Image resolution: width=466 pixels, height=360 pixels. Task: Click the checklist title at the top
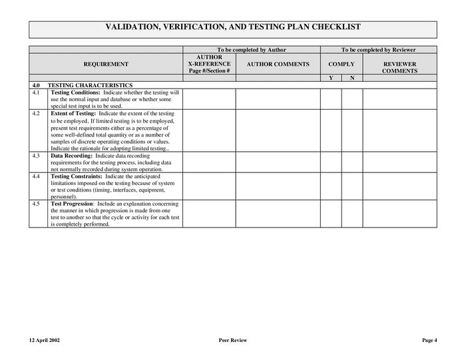coord(233,27)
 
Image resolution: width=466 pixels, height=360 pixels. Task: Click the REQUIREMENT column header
coord(106,64)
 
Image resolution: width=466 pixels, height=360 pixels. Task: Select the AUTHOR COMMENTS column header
coord(278,64)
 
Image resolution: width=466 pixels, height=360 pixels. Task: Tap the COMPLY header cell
coord(341,64)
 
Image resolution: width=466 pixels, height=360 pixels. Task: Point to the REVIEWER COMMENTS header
coord(399,67)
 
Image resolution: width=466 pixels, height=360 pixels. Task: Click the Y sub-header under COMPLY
coord(331,78)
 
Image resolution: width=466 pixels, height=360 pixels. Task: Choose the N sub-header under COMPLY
coord(351,78)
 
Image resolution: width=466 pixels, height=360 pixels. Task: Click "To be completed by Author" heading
coord(252,50)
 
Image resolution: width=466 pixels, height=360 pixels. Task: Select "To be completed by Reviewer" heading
coord(378,50)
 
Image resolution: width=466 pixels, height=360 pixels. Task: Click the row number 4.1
coord(36,92)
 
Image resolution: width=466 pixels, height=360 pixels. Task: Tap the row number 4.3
coord(36,156)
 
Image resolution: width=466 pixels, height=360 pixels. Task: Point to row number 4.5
coord(36,204)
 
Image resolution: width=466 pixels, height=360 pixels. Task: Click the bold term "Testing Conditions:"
coord(75,92)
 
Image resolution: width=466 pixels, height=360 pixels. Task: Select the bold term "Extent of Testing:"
coord(73,114)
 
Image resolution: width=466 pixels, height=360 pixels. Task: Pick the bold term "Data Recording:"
coord(72,156)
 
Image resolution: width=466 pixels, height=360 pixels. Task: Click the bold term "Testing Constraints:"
coord(77,176)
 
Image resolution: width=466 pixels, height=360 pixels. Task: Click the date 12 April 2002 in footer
coord(45,340)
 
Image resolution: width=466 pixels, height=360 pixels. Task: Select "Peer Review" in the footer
coord(232,340)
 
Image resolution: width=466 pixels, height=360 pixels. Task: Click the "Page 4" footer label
coord(429,340)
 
